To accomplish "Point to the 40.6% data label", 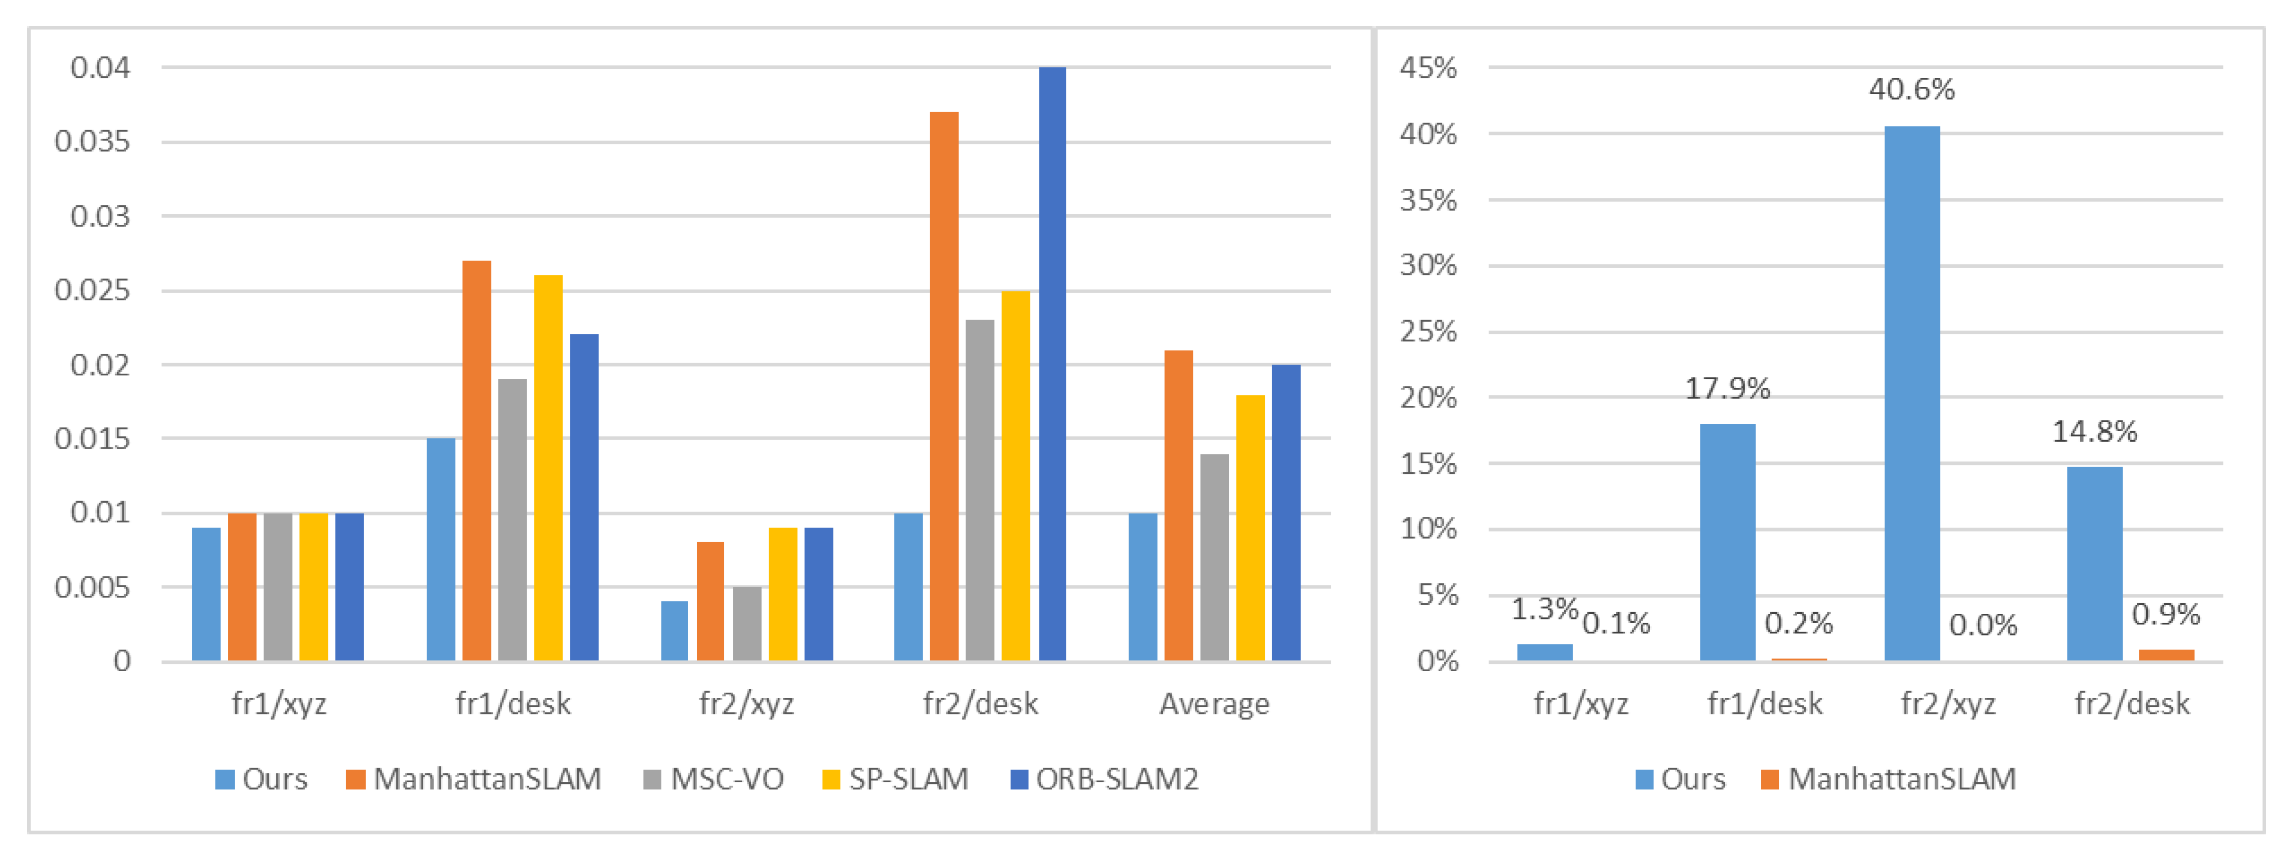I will pyautogui.click(x=1911, y=89).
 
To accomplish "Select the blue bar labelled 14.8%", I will pyautogui.click(x=2095, y=563).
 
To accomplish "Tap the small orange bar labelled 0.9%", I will pyautogui.click(x=2166, y=655).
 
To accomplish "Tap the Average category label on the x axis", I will pyautogui.click(x=1214, y=704).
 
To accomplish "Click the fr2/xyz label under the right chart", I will pyautogui.click(x=1948, y=704).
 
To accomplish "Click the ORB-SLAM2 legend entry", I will pyautogui.click(x=1104, y=780).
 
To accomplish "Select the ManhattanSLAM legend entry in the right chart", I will pyautogui.click(x=1888, y=780).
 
